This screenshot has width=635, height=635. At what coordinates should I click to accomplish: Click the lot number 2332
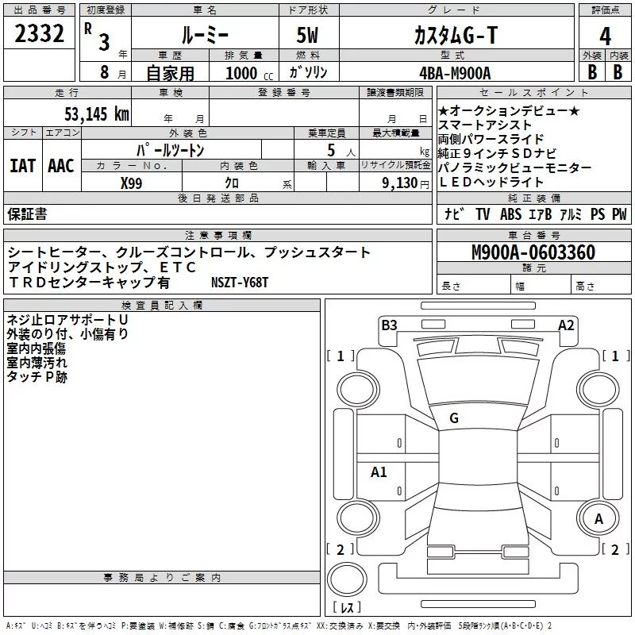pos(39,35)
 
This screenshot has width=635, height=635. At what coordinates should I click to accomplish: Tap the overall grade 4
pos(605,37)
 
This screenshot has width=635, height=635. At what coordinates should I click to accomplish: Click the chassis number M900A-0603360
pos(533,252)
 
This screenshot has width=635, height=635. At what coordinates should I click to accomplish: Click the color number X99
pos(131,183)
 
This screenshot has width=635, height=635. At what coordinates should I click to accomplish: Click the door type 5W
pos(310,37)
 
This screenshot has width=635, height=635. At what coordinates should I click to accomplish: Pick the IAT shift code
pos(22,165)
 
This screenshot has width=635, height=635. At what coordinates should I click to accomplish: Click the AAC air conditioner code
pos(61,165)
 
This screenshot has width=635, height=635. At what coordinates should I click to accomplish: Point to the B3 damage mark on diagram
pos(389,325)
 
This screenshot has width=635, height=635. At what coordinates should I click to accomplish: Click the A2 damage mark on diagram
pos(566,325)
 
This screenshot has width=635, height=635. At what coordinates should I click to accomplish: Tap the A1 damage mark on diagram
pos(379,472)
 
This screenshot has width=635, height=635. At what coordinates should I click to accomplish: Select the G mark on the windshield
pos(454,418)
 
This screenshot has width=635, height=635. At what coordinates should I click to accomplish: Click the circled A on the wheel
pos(599,518)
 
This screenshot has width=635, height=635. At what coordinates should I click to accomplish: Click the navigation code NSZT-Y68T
pos(241,282)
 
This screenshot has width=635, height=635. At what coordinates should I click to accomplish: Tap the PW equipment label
pos(619,214)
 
